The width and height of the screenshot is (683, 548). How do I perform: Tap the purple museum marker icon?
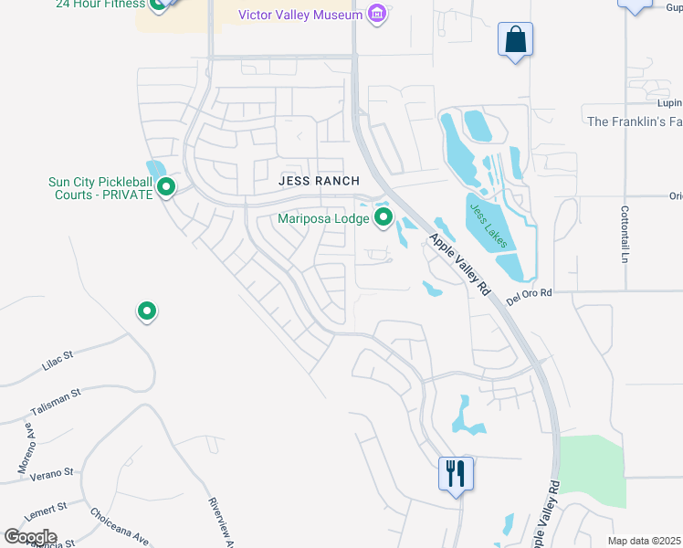pos(376,14)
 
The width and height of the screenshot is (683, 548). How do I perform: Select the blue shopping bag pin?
pos(516,40)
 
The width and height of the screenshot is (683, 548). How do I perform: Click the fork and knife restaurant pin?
pos(456,474)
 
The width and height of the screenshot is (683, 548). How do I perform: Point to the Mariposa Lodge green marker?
pos(384,217)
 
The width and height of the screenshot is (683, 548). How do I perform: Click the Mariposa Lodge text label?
pos(324,218)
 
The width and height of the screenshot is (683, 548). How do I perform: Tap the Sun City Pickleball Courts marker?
pos(166,187)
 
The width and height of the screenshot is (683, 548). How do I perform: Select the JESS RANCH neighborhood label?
pos(319,181)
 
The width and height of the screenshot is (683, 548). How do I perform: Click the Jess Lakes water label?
pos(489,226)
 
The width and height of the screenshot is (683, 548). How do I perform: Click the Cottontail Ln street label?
pos(626,234)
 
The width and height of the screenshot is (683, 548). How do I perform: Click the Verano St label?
pos(50,473)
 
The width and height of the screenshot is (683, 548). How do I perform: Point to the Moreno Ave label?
pos(25,453)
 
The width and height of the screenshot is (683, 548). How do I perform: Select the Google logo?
pos(30,536)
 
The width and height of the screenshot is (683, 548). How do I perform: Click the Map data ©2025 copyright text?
pos(644,541)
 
